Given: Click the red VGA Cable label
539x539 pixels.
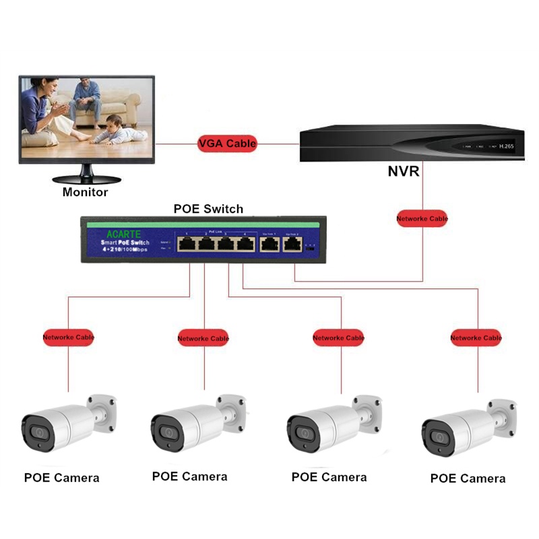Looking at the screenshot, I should [x=227, y=143].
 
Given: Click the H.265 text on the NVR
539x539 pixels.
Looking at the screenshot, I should [x=507, y=146].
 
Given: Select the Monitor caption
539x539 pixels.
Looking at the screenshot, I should [x=85, y=192].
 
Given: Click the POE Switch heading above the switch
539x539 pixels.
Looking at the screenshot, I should [x=208, y=208].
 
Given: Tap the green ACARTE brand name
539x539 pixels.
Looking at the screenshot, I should [x=123, y=233].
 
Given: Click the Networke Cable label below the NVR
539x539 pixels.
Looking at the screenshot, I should [x=422, y=218].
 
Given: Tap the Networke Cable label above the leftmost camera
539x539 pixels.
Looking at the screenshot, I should [x=69, y=337].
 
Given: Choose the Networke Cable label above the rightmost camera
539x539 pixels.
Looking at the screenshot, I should [x=476, y=337].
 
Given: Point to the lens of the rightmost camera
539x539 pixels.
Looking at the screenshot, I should [x=439, y=437].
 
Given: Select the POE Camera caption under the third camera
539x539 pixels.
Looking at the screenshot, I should [x=329, y=477].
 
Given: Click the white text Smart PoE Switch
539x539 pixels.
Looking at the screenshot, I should [x=121, y=242].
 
